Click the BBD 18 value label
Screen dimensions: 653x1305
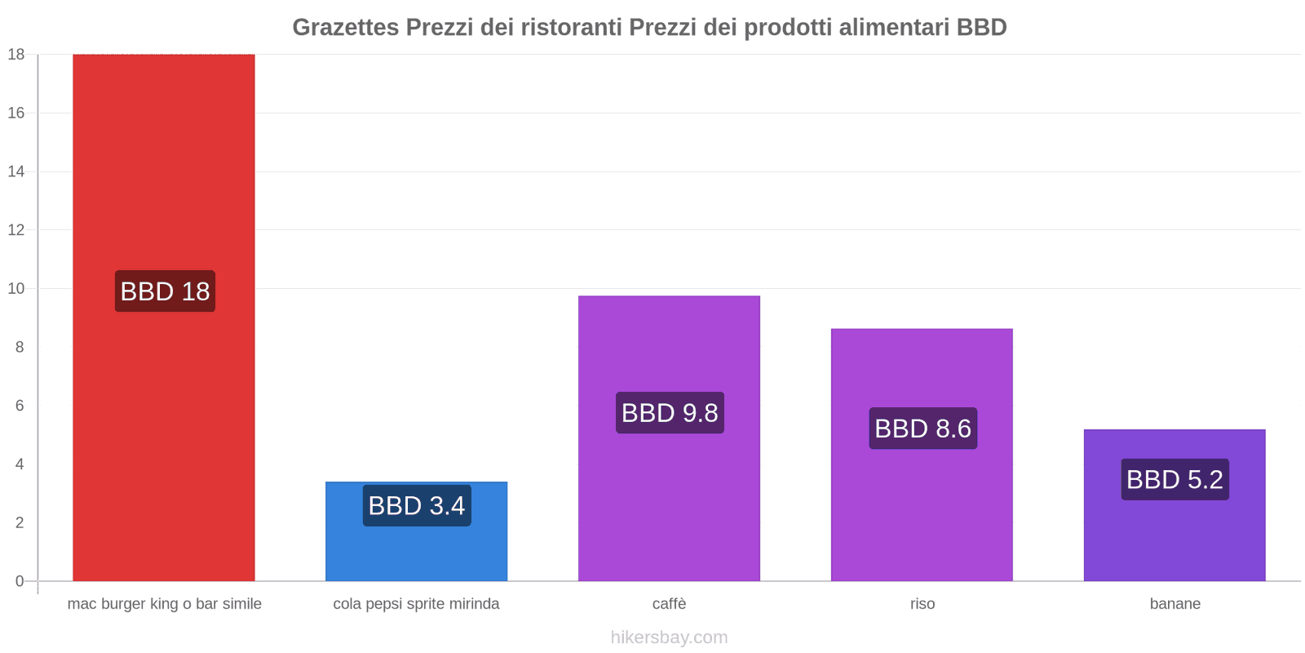pos(165,291)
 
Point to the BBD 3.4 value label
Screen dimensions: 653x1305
pos(417,506)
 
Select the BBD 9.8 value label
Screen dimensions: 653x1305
pos(670,413)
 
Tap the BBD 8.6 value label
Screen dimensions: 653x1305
pos(922,429)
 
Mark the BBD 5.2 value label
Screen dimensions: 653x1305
pos(1174,480)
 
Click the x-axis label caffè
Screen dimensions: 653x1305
pos(669,604)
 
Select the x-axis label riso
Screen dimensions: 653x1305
pos(922,604)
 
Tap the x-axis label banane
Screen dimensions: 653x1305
pos(1174,604)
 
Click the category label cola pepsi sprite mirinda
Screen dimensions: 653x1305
pos(416,604)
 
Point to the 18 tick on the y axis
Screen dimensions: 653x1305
pos(16,55)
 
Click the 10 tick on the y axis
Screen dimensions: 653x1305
pos(16,288)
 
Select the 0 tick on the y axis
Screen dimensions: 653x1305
pos(20,581)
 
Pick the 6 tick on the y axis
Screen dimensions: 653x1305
pos(20,406)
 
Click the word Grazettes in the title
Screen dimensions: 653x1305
pos(345,27)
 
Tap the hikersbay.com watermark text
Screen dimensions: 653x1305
pos(669,637)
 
